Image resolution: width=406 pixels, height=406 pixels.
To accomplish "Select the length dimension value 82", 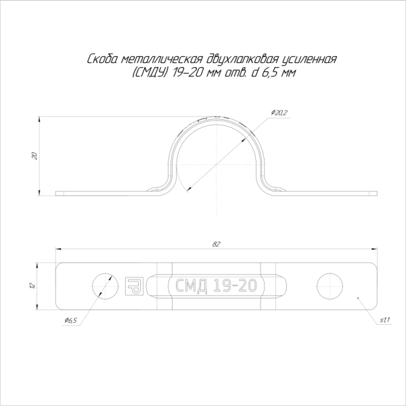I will pyautogui.click(x=216, y=244).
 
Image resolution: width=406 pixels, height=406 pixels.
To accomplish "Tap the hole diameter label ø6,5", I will pyautogui.click(x=70, y=320).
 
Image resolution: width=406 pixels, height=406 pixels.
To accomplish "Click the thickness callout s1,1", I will pyautogui.click(x=383, y=320).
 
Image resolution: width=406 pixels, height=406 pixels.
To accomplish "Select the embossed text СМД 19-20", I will pyautogui.click(x=216, y=286).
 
